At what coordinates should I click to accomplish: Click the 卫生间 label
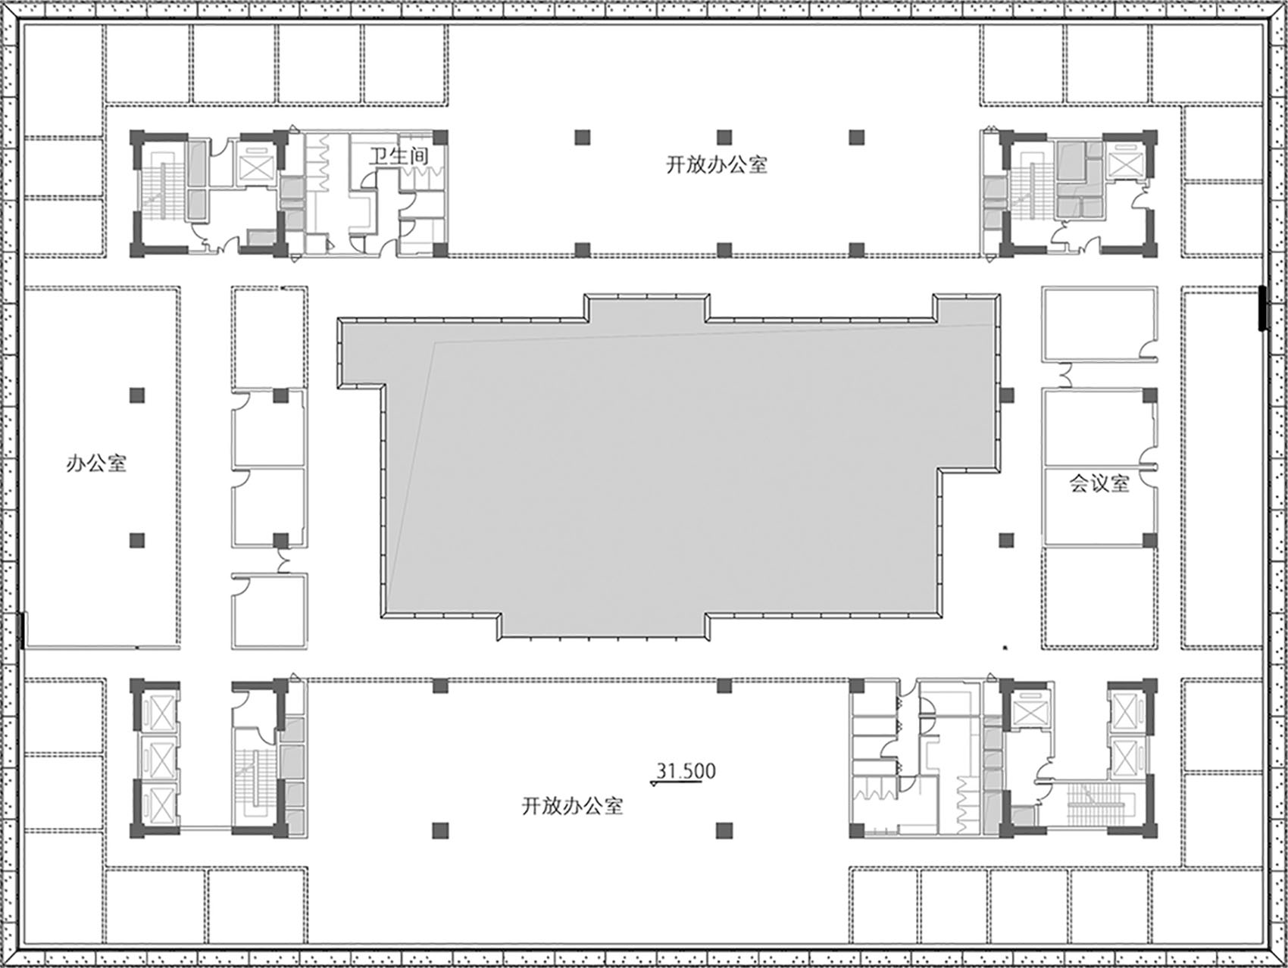tap(399, 157)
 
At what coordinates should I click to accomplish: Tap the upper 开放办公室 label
tap(717, 164)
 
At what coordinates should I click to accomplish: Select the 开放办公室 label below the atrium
tap(573, 805)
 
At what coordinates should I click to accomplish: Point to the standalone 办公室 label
tap(96, 463)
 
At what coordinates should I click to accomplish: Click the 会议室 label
tap(1099, 483)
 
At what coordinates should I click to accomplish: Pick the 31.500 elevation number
tap(686, 771)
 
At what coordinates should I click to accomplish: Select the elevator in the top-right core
tap(1123, 161)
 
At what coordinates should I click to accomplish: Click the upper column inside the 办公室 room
tap(136, 395)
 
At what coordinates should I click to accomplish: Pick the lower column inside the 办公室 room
tap(136, 540)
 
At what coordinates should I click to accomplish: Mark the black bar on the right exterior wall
tap(1263, 308)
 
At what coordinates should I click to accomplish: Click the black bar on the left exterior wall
tap(22, 630)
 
